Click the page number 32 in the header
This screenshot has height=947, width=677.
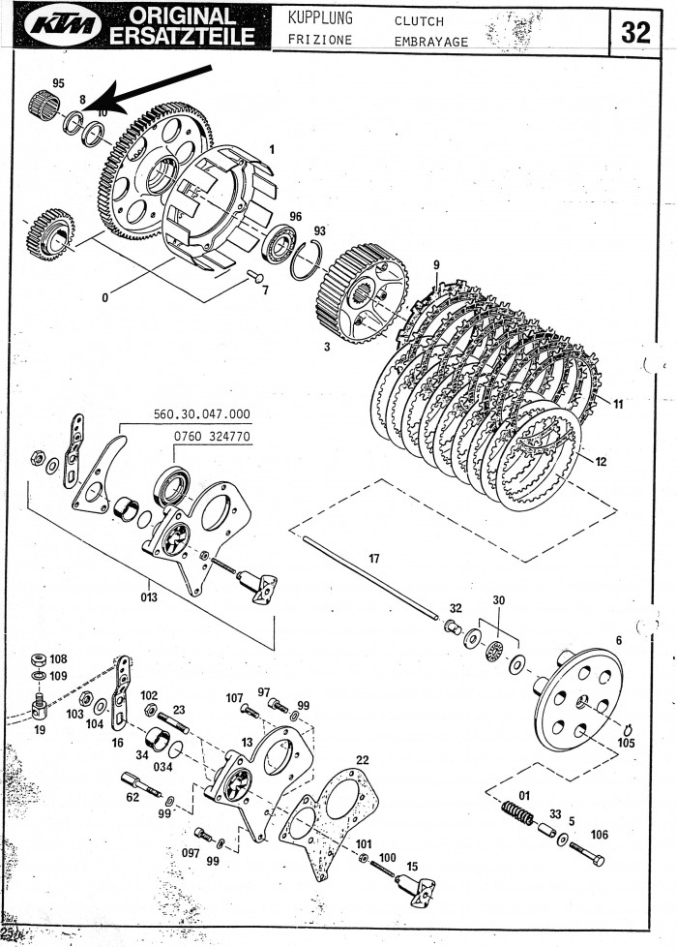tap(635, 32)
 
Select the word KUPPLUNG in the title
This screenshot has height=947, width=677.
tap(320, 18)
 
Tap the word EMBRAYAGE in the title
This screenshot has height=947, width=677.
tap(432, 42)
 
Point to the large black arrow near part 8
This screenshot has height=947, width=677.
tap(155, 87)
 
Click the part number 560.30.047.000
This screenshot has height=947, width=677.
tap(201, 413)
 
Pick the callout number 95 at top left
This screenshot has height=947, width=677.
tap(58, 83)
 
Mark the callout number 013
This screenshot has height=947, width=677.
tap(147, 596)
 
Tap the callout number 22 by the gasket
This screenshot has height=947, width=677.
tap(363, 758)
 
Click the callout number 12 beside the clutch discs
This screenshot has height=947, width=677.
tap(602, 461)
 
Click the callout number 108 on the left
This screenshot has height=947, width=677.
tap(58, 658)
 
